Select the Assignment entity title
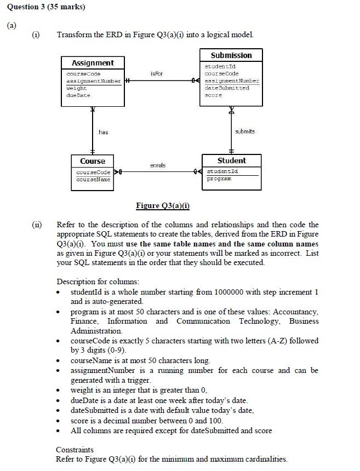(93, 63)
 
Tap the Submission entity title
(231, 55)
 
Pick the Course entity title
(93, 161)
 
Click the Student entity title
(231, 160)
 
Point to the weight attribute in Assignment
(77, 88)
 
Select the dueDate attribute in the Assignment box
(78, 95)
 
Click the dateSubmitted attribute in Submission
(226, 88)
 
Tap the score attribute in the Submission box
(213, 95)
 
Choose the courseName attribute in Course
(93, 179)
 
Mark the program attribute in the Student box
(218, 179)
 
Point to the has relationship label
(104, 132)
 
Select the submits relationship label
(244, 131)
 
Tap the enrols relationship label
(157, 165)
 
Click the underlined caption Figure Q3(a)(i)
(163, 206)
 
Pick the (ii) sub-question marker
(36, 225)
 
